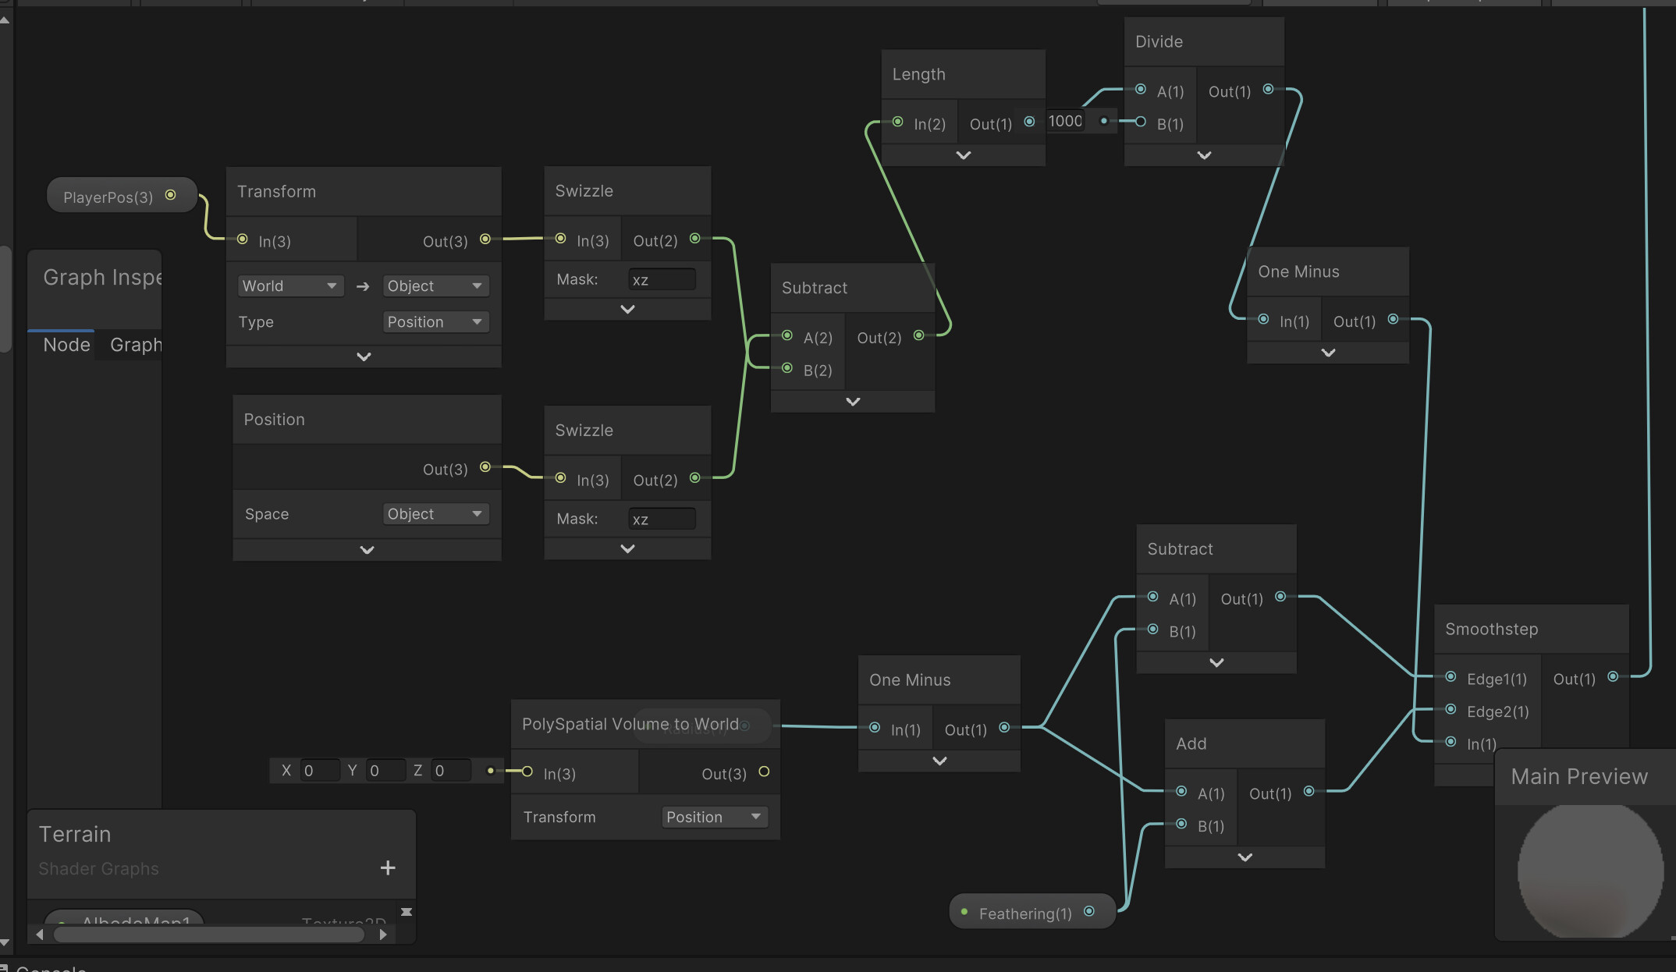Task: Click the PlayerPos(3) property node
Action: (108, 197)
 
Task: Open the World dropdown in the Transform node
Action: (289, 286)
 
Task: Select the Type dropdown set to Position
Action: (435, 322)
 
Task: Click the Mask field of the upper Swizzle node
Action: (662, 280)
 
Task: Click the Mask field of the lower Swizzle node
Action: (662, 520)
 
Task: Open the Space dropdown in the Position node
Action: (435, 514)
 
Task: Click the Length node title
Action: (919, 74)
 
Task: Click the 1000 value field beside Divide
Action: (1066, 121)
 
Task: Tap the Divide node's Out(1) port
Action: (1269, 90)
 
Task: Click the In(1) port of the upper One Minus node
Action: (1264, 319)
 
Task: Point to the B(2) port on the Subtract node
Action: (787, 368)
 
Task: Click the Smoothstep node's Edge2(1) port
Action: (1451, 710)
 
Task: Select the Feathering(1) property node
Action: (1025, 913)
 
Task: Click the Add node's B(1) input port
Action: (1182, 825)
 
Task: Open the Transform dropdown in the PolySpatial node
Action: (714, 817)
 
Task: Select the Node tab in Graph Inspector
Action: (66, 345)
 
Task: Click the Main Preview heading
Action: (1579, 776)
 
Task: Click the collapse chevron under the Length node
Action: (964, 155)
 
